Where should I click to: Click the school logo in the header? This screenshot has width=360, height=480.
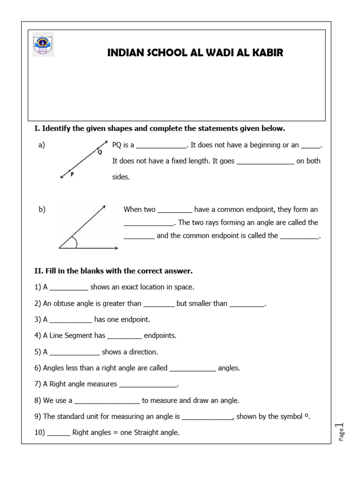point(43,45)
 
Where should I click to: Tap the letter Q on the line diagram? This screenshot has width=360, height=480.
point(99,151)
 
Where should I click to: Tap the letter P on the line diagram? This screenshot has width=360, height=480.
point(72,174)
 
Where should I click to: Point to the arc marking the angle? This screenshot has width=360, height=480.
point(75,242)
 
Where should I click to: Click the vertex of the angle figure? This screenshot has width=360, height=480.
point(59,248)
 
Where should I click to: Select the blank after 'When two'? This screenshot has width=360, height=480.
point(175,210)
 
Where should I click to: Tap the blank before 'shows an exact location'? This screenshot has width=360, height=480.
point(68,287)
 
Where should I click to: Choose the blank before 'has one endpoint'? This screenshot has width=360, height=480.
point(71,320)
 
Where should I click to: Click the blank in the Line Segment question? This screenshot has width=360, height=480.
point(124,336)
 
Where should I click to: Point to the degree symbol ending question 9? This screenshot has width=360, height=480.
point(307,415)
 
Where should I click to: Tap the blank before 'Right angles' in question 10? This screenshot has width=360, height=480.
point(59,433)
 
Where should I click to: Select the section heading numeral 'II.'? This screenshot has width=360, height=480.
point(38,271)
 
